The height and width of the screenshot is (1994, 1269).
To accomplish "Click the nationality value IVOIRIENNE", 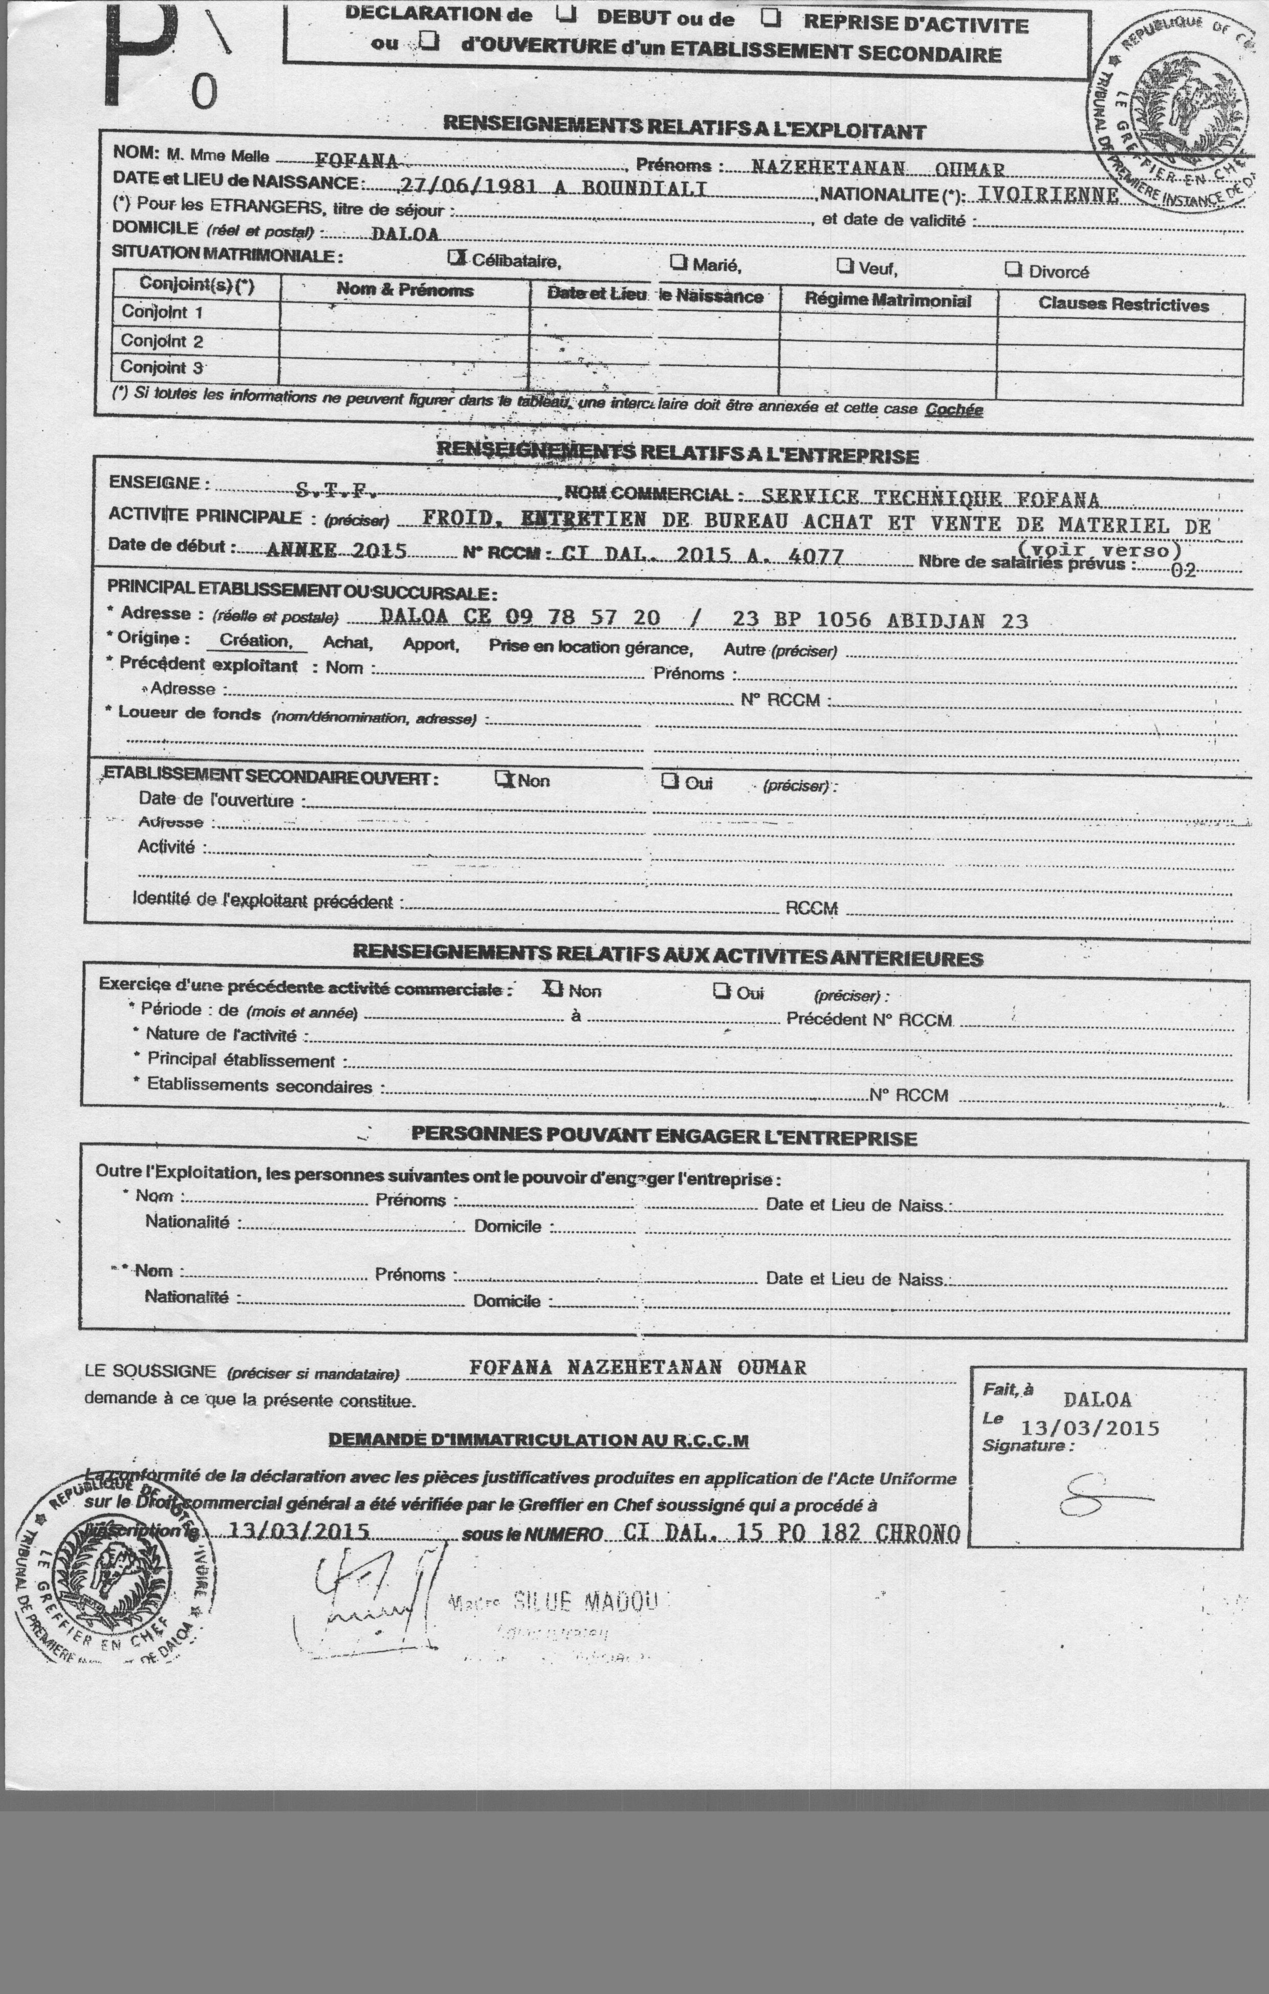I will pyautogui.click(x=1048, y=195).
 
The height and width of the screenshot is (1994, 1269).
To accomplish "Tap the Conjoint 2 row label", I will pyautogui.click(x=162, y=340).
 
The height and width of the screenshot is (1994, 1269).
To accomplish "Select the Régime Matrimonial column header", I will pyautogui.click(x=887, y=300).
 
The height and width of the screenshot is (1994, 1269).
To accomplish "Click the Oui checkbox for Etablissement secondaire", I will pyautogui.click(x=669, y=781).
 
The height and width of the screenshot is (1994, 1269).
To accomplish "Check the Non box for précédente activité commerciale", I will pyautogui.click(x=553, y=988).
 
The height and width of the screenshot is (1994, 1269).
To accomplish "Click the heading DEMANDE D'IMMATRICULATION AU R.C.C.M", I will pyautogui.click(x=538, y=1439).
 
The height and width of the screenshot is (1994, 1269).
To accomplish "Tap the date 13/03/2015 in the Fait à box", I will pyautogui.click(x=1089, y=1428).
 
